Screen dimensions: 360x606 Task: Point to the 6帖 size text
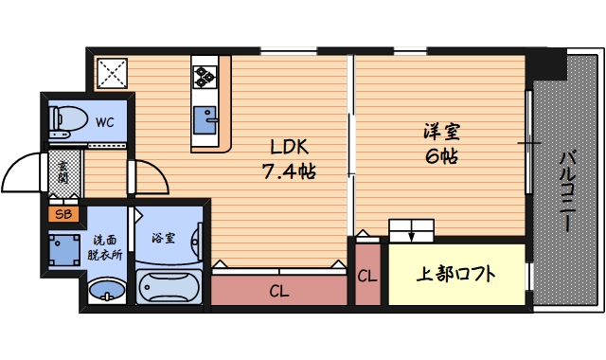(x=440, y=156)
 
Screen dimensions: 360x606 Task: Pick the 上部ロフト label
(x=456, y=276)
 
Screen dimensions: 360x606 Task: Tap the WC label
(x=103, y=121)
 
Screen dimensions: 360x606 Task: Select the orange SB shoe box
(x=63, y=214)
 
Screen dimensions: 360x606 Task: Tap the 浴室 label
(x=164, y=237)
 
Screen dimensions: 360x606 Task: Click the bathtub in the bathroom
(x=169, y=287)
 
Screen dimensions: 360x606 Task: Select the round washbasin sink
(x=105, y=290)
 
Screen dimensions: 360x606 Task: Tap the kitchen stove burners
(x=206, y=73)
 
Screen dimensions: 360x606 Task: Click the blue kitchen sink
(x=205, y=120)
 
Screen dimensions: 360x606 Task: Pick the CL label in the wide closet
(x=278, y=291)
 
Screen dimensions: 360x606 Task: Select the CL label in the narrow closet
(x=367, y=277)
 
